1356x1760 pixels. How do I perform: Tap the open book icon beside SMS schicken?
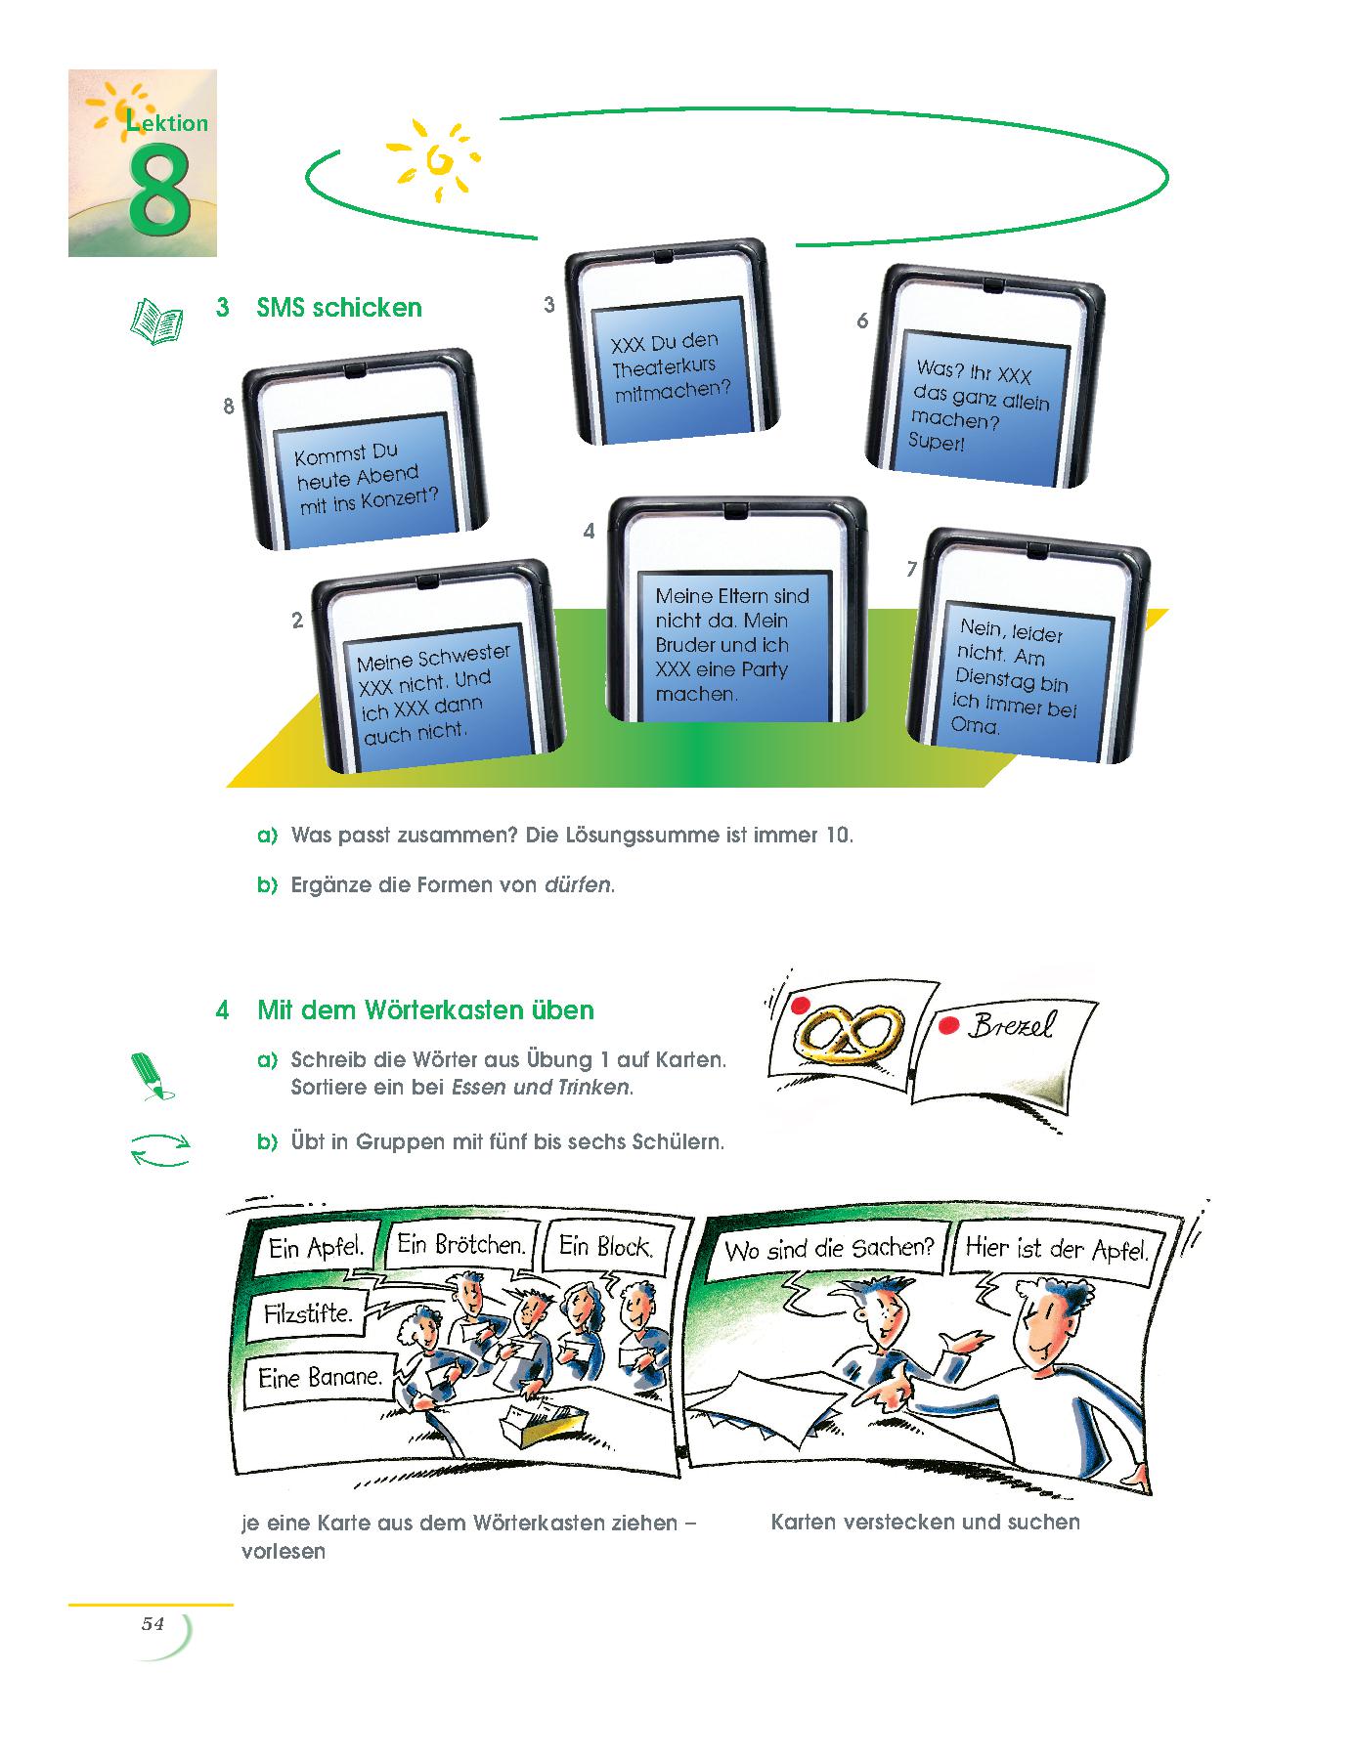tap(156, 320)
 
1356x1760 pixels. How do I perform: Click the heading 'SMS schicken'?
tap(339, 308)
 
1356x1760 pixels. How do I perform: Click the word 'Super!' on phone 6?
tap(936, 442)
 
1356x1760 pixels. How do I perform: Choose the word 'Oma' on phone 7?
tap(976, 725)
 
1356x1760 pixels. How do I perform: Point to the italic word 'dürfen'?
tap(578, 885)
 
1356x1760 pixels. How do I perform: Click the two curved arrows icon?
tap(159, 1149)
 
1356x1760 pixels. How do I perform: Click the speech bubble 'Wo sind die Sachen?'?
tap(829, 1249)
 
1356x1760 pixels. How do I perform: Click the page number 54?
tap(153, 1623)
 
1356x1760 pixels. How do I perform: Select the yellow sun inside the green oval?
tap(433, 159)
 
